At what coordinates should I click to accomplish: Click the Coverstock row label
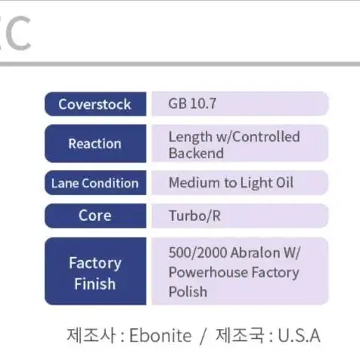(95, 104)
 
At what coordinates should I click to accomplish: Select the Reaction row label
(95, 144)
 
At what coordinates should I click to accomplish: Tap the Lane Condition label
(95, 183)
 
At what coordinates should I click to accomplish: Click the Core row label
(95, 216)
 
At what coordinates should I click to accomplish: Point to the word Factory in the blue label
(95, 263)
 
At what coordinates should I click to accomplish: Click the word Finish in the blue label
(95, 284)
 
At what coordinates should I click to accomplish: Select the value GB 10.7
(192, 104)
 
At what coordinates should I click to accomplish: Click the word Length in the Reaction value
(191, 138)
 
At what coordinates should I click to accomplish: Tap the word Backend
(196, 153)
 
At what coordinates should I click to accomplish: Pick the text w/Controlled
(259, 137)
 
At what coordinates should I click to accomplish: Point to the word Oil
(285, 182)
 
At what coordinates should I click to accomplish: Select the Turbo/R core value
(195, 216)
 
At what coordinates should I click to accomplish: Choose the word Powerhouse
(208, 272)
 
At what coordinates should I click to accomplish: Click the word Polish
(188, 292)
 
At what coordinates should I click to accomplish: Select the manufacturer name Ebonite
(160, 336)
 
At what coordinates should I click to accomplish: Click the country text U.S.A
(299, 336)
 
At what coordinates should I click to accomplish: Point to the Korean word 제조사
(91, 335)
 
